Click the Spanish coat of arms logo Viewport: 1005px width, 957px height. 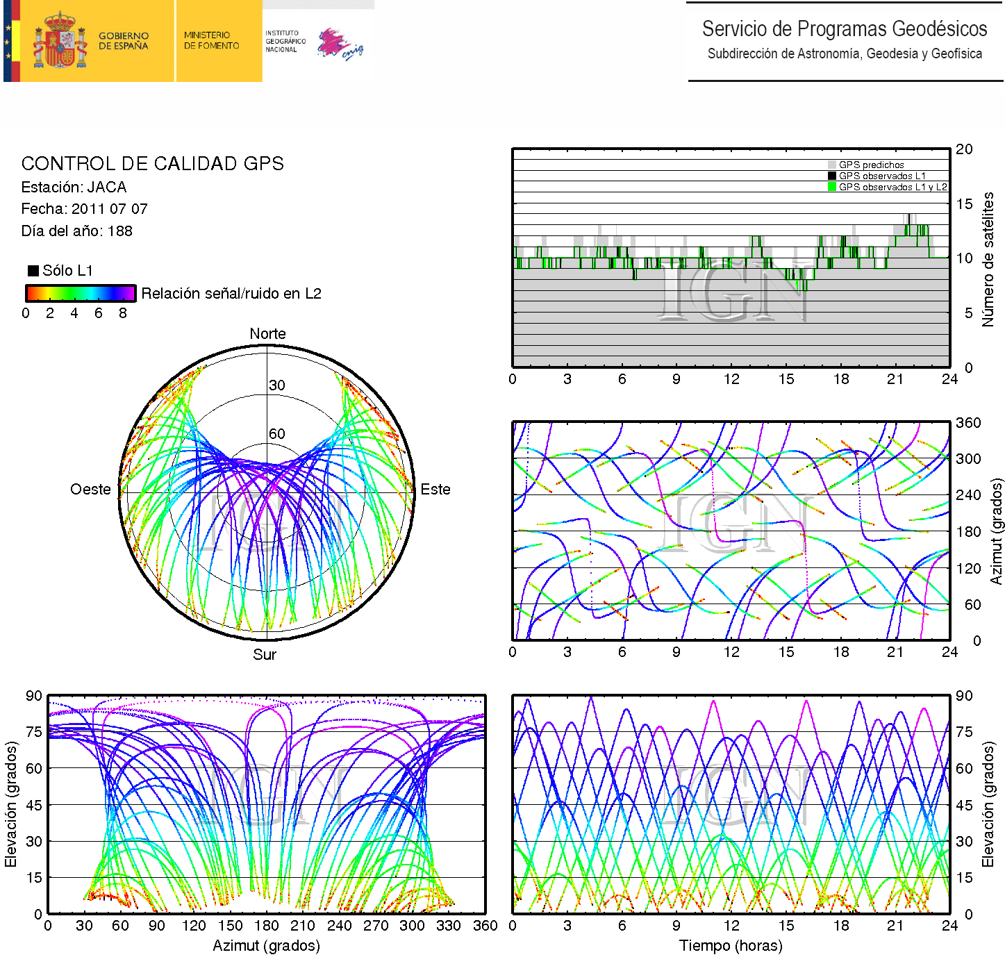click(60, 41)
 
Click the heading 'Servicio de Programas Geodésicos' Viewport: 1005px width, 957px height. click(844, 29)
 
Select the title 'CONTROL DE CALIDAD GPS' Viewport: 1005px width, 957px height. click(152, 164)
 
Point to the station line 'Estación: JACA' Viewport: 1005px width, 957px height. click(74, 188)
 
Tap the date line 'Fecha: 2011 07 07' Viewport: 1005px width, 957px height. click(84, 209)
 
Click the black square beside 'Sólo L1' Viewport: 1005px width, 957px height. click(33, 271)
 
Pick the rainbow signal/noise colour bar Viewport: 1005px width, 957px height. click(80, 293)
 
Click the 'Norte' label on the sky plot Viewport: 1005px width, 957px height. click(267, 334)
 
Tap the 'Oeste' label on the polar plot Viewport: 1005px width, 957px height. click(90, 490)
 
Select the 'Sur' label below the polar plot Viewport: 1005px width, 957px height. click(265, 655)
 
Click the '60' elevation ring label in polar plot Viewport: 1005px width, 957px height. click(277, 434)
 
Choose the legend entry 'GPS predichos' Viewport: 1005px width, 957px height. click(871, 165)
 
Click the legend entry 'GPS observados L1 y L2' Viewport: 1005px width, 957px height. click(892, 188)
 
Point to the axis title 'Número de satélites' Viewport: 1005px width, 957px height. click(988, 259)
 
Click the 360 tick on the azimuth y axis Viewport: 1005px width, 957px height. click(968, 423)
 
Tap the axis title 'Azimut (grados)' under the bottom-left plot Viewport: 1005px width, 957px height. click(266, 946)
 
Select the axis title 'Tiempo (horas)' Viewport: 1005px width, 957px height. click(731, 946)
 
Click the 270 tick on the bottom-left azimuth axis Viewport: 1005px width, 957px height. click(376, 926)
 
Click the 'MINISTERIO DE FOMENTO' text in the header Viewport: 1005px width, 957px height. click(211, 40)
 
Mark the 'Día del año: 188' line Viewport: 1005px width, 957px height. click(76, 231)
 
